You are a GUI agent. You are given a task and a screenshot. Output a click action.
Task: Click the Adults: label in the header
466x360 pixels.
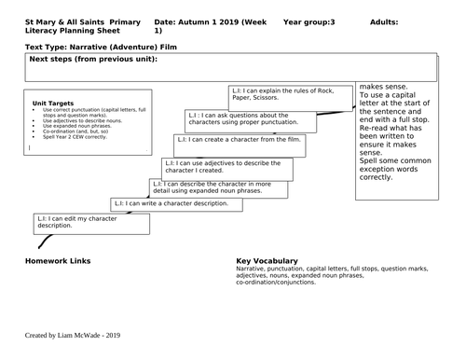[389, 20]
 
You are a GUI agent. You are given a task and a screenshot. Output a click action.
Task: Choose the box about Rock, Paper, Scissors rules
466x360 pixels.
[290, 96]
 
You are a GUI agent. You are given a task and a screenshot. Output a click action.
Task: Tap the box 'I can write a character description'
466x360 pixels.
[187, 203]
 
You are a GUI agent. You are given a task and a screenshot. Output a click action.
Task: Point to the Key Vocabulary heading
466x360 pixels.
[267, 260]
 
